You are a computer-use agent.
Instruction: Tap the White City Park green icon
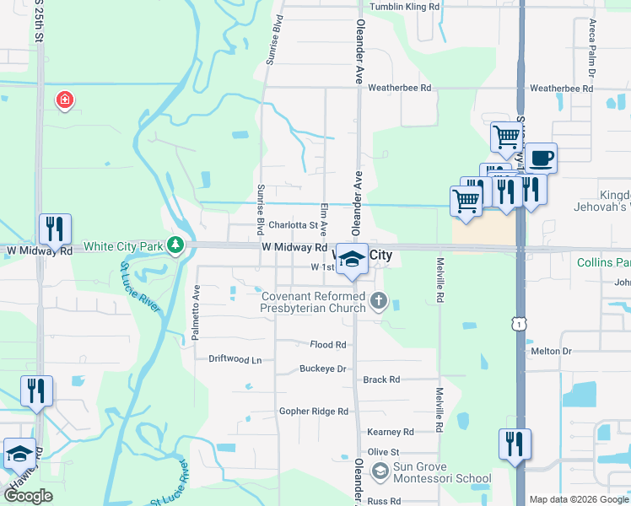pyautogui.click(x=175, y=246)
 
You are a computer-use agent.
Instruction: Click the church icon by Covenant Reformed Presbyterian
pyautogui.click(x=379, y=301)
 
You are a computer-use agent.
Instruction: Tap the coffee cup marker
pyautogui.click(x=541, y=156)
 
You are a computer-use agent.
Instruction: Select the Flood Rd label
pyautogui.click(x=328, y=345)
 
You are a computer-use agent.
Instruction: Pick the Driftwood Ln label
pyautogui.click(x=235, y=359)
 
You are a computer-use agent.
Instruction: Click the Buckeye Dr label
pyautogui.click(x=324, y=369)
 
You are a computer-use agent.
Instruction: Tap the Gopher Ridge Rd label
pyautogui.click(x=314, y=412)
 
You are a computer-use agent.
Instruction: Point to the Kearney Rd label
pyautogui.click(x=391, y=432)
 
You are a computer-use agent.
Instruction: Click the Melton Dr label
pyautogui.click(x=551, y=351)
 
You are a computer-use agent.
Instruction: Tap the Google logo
pyautogui.click(x=28, y=496)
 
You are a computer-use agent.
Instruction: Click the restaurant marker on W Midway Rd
pyautogui.click(x=55, y=229)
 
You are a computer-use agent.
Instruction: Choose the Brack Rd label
pyautogui.click(x=381, y=380)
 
